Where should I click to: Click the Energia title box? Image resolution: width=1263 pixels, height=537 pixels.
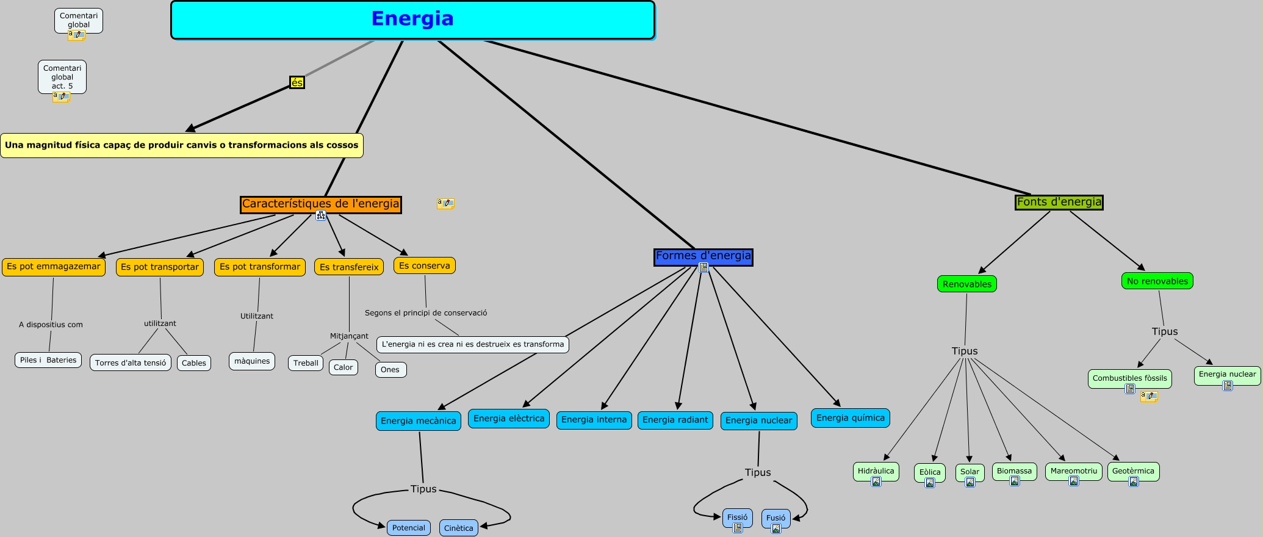coord(412,20)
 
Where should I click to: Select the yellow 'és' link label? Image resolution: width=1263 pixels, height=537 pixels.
coord(297,82)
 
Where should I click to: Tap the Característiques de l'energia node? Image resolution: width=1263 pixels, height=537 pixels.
coord(320,204)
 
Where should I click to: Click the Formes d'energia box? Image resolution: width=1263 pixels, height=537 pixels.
coord(703,256)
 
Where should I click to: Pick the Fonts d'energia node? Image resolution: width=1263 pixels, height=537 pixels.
coord(1059,202)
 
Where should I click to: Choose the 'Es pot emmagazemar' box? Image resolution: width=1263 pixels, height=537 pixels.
coord(54,267)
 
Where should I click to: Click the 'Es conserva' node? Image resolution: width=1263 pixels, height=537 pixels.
coord(424,265)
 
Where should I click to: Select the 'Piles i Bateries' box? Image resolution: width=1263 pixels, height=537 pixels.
coord(48,360)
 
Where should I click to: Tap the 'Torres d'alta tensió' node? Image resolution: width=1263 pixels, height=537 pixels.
coord(131,362)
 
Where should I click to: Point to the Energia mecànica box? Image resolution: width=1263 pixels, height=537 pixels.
coord(418,421)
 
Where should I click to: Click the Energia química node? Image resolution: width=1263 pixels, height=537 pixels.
coord(850,418)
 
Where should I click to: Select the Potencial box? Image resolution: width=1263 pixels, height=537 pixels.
coord(408,528)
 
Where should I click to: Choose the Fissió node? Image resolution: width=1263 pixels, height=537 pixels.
coord(737,517)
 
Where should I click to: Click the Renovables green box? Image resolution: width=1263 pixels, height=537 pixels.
coord(966,284)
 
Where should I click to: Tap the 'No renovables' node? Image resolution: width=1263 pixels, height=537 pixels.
coord(1157,281)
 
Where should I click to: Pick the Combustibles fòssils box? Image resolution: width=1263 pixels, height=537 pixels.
coord(1129,378)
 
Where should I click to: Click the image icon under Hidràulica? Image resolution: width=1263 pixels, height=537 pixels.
coord(876,481)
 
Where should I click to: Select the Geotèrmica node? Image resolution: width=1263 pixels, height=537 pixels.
coord(1133,471)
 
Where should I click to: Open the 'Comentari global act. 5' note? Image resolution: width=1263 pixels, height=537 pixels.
coord(62,77)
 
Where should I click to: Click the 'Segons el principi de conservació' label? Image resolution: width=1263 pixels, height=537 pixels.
coord(426,313)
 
